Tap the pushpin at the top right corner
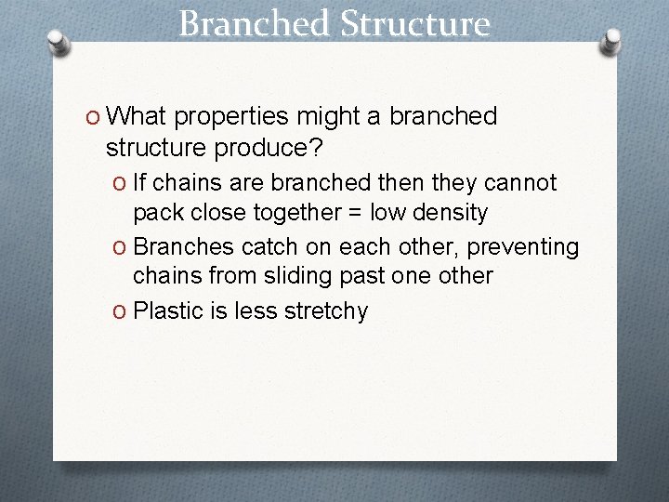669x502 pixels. (x=611, y=42)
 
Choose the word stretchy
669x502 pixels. (x=330, y=311)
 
